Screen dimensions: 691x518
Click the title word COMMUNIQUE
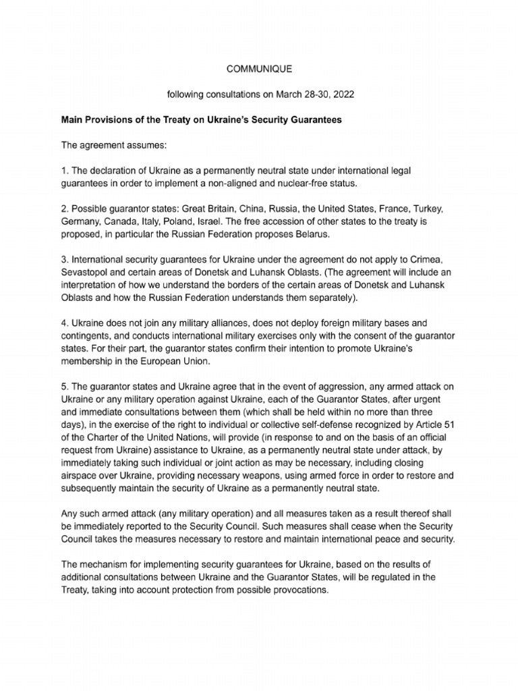point(258,69)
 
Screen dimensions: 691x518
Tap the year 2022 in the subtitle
point(341,94)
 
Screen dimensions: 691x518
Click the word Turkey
point(444,210)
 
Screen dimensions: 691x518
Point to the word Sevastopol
point(86,273)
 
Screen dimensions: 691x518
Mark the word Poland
point(188,222)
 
